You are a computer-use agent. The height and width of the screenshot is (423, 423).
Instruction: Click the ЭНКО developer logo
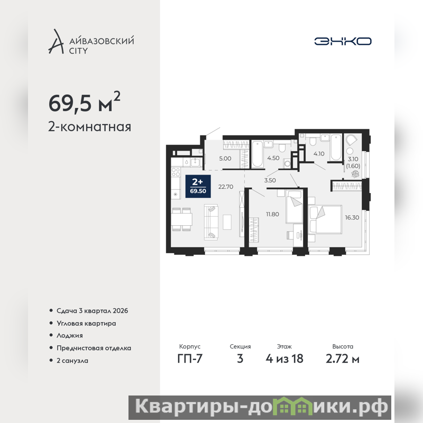343,41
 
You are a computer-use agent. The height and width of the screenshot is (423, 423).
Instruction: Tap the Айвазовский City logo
91,41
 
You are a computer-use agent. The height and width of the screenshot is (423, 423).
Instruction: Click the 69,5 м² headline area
85,102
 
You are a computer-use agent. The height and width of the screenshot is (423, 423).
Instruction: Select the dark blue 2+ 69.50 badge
198,187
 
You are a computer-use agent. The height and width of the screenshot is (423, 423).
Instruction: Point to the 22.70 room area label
226,187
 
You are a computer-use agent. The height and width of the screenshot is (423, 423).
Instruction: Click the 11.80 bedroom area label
272,214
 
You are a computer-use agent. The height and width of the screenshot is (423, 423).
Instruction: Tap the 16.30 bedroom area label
352,217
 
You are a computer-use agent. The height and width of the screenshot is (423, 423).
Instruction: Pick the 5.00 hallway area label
225,159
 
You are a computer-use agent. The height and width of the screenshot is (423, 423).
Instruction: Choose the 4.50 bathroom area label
273,158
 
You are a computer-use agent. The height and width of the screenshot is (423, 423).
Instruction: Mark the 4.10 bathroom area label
319,154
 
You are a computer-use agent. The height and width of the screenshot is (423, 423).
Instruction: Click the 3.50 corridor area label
270,180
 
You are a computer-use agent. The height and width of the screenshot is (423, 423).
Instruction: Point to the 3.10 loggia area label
353,159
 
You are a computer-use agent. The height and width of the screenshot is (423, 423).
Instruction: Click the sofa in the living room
211,222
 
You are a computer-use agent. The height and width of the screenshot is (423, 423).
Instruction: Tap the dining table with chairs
182,219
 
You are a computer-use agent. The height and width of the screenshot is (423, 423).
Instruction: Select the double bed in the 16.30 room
325,219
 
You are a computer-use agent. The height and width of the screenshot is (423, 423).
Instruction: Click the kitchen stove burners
176,172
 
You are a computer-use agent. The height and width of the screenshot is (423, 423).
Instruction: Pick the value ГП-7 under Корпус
190,359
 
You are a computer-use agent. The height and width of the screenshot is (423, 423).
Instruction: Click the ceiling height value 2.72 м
342,359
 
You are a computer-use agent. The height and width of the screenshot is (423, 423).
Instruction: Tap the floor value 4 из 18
284,359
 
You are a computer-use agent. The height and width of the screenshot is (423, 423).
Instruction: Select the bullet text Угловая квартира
86,323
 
